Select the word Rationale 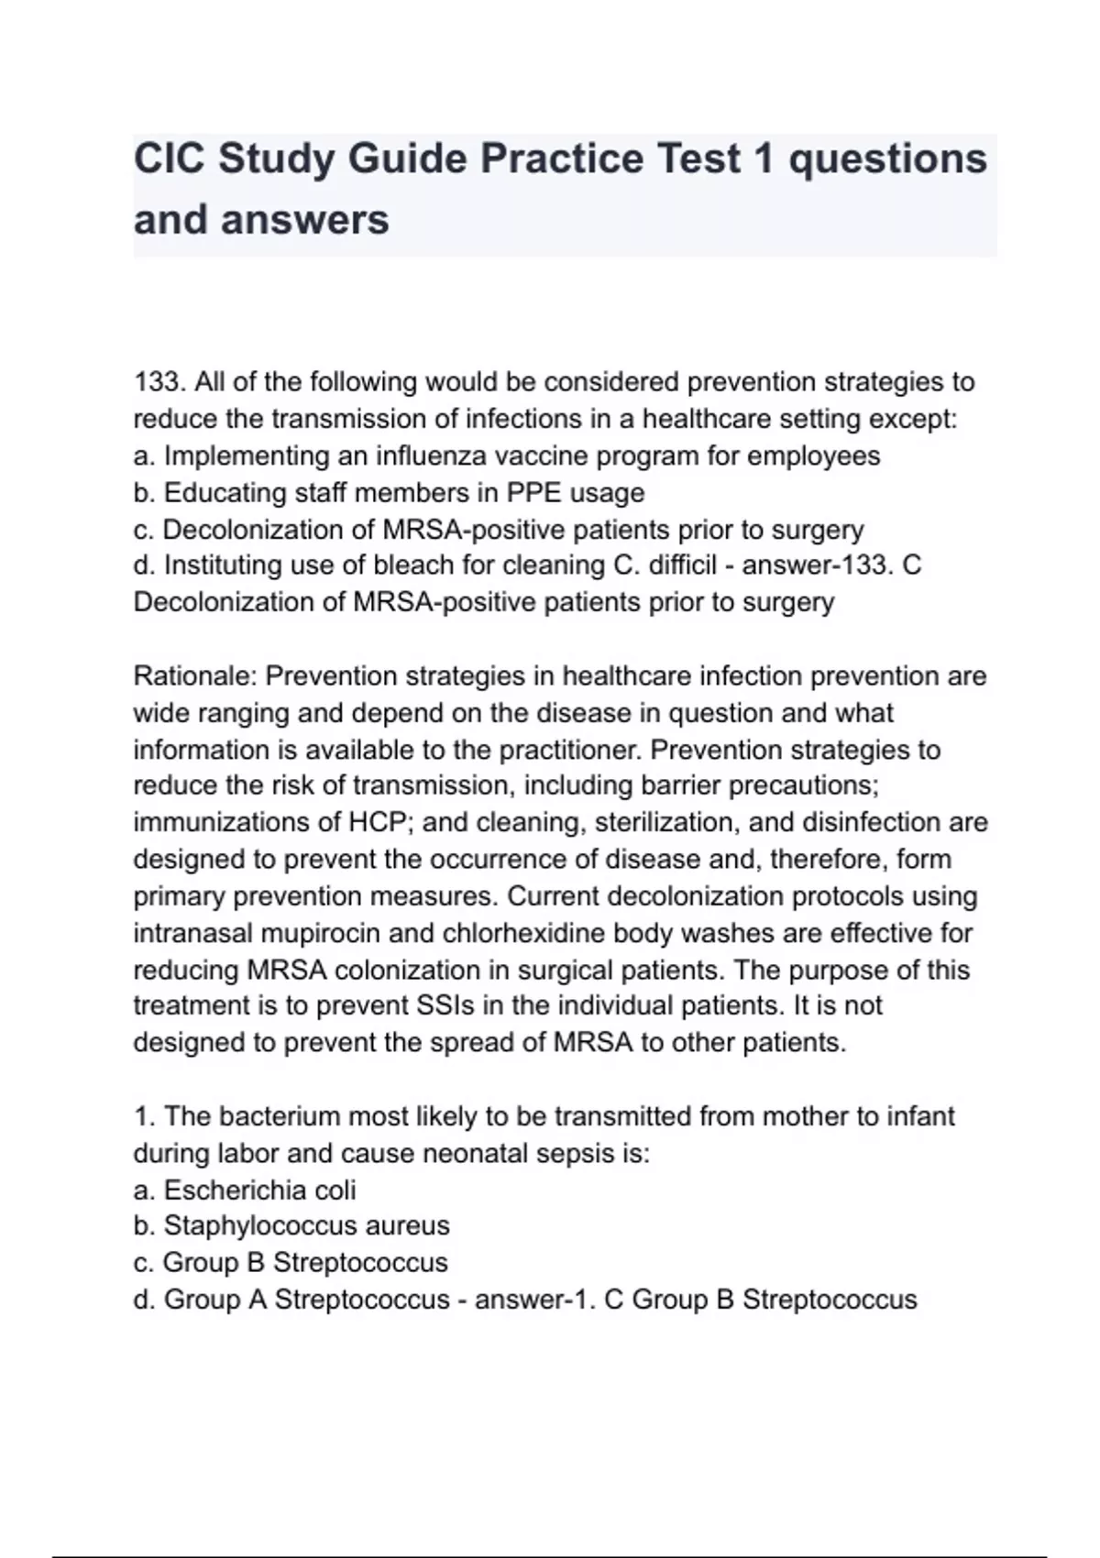[195, 676]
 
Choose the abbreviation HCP [376, 822]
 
